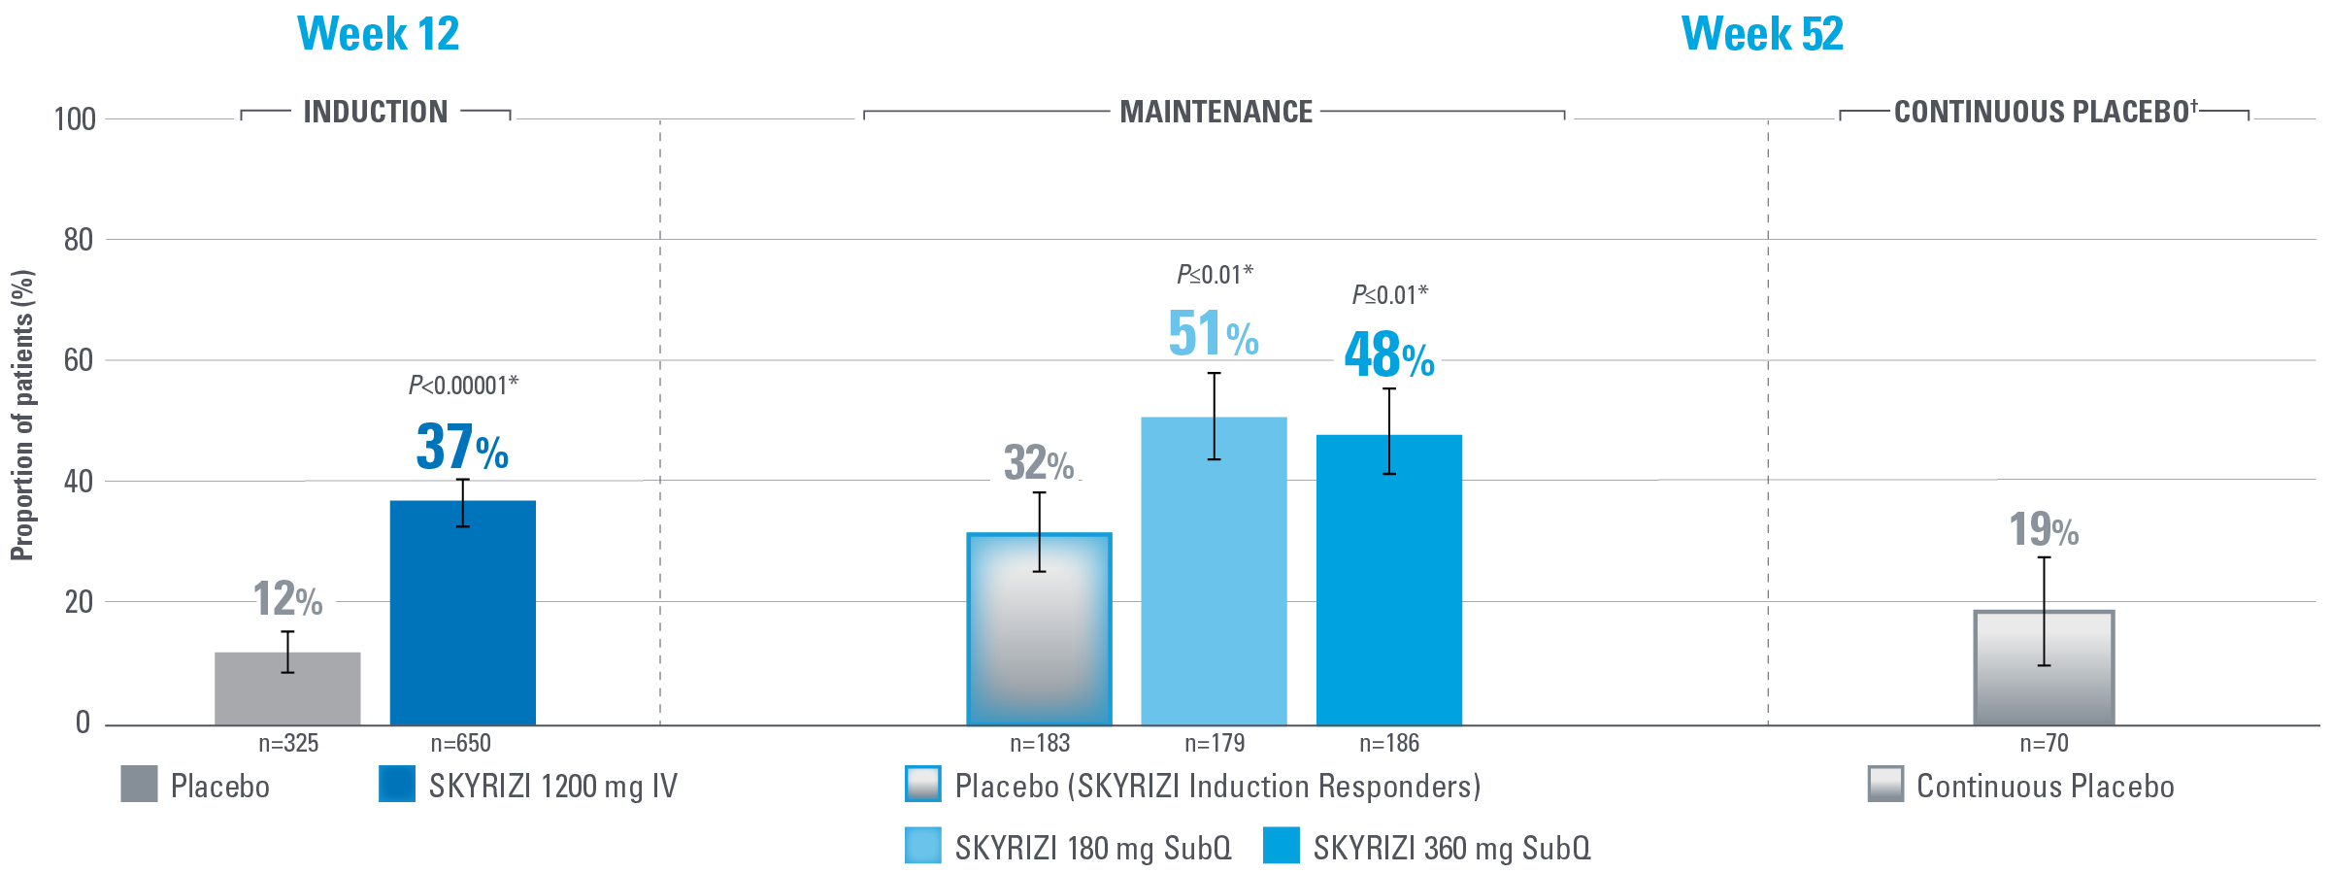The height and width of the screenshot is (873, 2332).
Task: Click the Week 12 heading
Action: pos(378,34)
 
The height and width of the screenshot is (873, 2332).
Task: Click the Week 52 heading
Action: pos(1761,34)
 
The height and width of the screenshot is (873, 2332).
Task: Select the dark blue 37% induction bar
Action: pos(462,613)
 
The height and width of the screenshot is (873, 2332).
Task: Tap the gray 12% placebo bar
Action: pos(287,688)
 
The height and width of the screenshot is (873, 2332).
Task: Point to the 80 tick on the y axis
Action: pos(79,240)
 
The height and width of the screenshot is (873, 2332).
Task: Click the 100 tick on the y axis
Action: pos(75,119)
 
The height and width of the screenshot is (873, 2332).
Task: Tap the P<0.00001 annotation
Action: pos(463,386)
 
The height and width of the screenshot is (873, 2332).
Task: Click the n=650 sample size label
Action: pos(460,744)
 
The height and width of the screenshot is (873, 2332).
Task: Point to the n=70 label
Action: pos(2044,744)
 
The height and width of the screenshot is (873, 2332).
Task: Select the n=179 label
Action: pos(1214,744)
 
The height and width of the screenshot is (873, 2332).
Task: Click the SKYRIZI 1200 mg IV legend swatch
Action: pos(396,785)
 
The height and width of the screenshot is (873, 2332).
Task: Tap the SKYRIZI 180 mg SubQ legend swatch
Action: pos(922,846)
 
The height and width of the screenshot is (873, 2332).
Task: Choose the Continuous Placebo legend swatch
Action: pos(1885,785)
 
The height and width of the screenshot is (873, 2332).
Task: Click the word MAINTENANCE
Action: pos(1216,113)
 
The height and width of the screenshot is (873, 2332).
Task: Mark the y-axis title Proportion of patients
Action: pos(22,415)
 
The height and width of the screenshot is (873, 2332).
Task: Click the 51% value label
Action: pos(1213,334)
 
